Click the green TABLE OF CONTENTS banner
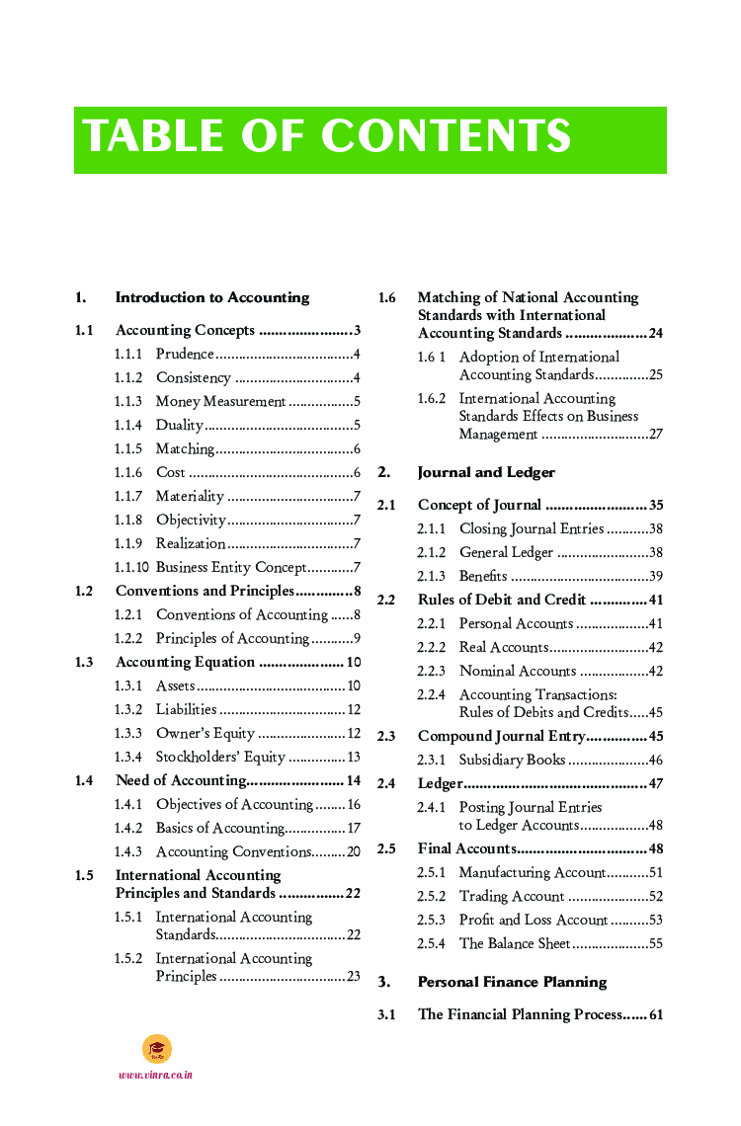pos(370,139)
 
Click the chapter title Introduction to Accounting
pos(211,297)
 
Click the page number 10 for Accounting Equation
pos(353,662)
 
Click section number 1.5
pos(84,875)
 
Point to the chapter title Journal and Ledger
pos(486,472)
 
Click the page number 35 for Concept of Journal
pos(655,505)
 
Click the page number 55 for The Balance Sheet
pos(655,943)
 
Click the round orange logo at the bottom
pos(156,1049)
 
